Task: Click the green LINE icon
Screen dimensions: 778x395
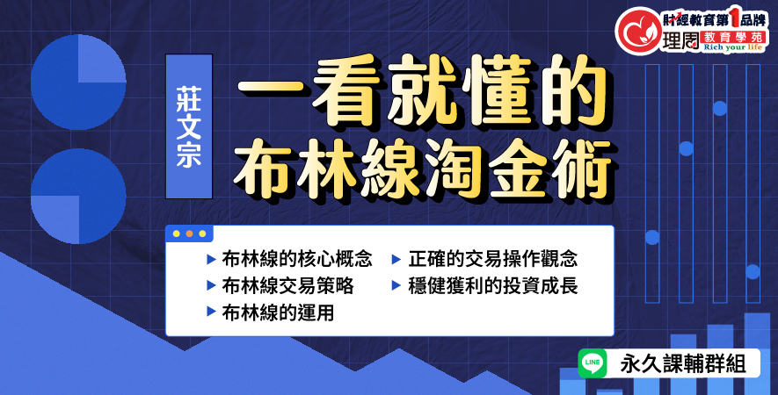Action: click(593, 363)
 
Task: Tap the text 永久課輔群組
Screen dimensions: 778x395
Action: click(683, 364)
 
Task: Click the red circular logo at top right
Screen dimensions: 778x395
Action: click(637, 30)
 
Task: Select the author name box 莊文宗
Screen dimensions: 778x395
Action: click(189, 126)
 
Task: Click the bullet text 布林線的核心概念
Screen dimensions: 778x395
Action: click(297, 259)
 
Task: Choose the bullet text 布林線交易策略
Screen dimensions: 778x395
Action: click(287, 285)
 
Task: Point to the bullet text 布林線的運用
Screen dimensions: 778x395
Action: click(279, 312)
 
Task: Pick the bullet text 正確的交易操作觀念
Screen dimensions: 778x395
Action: click(492, 259)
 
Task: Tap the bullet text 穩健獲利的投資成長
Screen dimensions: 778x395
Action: click(492, 285)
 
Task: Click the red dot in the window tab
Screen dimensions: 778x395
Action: click(189, 233)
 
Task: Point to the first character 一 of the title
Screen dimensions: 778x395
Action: click(271, 90)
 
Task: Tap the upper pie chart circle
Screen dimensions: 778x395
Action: click(78, 83)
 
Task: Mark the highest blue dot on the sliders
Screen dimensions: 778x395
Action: click(719, 108)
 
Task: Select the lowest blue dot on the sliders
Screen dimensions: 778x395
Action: click(753, 271)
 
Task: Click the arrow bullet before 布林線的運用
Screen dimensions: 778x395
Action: click(211, 312)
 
